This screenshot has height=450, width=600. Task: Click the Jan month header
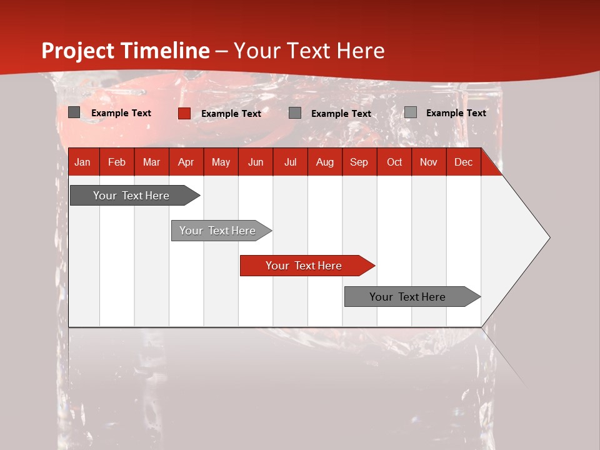tap(82, 162)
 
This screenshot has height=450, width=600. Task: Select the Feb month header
tap(117, 162)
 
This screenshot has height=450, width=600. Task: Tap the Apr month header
tap(186, 162)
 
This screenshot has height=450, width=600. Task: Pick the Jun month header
tap(256, 162)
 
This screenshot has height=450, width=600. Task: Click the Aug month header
tap(325, 162)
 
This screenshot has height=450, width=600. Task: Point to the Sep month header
tap(359, 162)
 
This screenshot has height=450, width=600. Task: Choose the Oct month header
tap(394, 162)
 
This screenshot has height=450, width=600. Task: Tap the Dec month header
tap(463, 162)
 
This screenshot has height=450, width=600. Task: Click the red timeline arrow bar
tap(304, 266)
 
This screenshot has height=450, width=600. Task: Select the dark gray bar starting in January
tap(131, 196)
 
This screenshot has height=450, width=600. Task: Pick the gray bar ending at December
tap(407, 297)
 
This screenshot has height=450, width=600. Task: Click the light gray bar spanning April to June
tap(217, 231)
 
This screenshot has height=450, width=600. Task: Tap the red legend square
tap(184, 113)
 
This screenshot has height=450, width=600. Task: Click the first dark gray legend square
tap(74, 112)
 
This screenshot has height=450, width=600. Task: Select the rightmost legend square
tap(410, 112)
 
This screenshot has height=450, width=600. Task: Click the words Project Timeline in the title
tap(126, 51)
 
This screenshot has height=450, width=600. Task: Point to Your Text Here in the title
tap(309, 51)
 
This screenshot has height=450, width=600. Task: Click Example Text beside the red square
tap(231, 114)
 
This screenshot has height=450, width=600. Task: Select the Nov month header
tap(429, 162)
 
